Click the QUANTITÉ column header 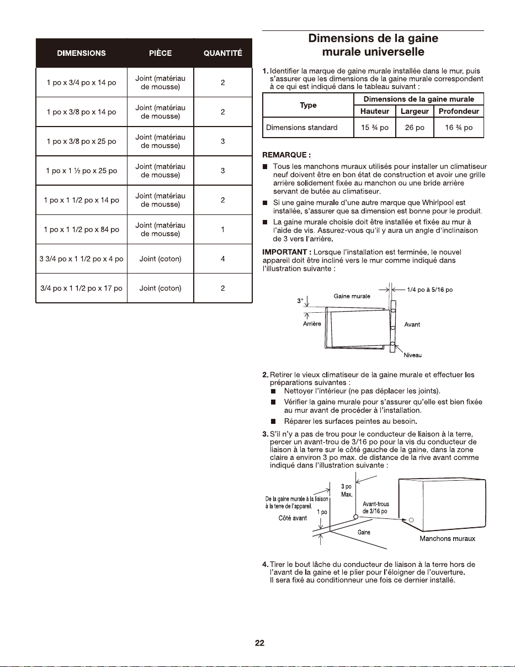point(222,53)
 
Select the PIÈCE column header point(160,53)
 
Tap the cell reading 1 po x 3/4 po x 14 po point(81,82)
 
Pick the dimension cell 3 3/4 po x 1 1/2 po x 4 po point(81,259)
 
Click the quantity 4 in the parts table point(223,259)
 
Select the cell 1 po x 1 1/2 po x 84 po point(81,229)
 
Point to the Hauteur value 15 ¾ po point(375,128)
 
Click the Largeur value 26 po point(415,128)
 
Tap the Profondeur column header point(459,111)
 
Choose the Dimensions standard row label point(301,128)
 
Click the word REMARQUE point(285,155)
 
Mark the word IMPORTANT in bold point(285,252)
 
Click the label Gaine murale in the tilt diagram point(352,296)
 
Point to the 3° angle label point(300,301)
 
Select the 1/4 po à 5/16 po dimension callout point(430,290)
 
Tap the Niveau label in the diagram point(413,355)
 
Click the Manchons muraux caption point(447,538)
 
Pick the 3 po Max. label point(347,491)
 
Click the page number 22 point(259,643)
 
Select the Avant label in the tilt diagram point(412,324)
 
